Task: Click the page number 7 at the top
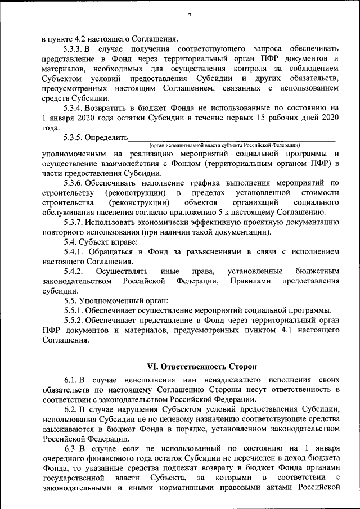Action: pyautogui.click(x=190, y=15)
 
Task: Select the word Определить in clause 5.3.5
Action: pyautogui.click(x=107, y=136)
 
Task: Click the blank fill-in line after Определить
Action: pyautogui.click(x=231, y=137)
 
